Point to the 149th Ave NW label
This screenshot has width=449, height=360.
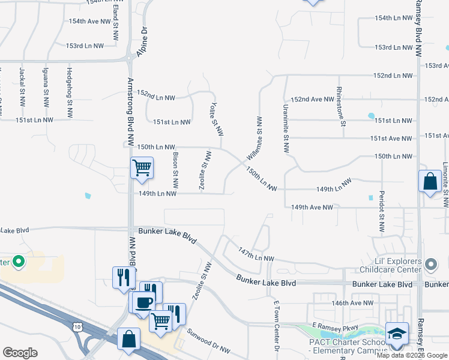point(312,207)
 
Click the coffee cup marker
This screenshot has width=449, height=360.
point(144,302)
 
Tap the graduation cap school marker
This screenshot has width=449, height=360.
point(397,334)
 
